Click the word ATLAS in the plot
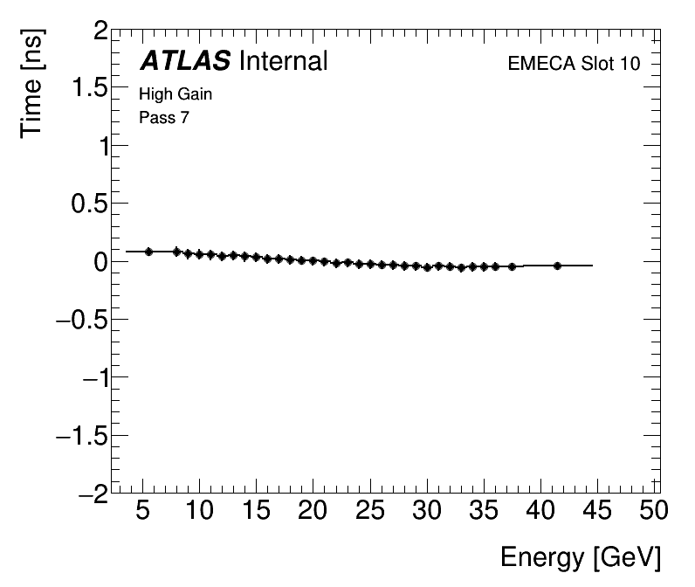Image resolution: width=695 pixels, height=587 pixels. click(185, 61)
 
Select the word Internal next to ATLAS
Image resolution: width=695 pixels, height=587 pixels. click(282, 61)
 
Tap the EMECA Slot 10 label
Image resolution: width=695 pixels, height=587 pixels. click(574, 65)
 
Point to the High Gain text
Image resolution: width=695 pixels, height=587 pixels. click(175, 94)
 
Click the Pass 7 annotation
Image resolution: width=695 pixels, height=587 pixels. click(163, 117)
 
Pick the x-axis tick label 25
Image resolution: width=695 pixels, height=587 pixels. click(371, 510)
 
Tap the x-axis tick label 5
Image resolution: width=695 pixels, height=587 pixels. click(143, 510)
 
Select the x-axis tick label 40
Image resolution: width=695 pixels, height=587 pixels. click(541, 510)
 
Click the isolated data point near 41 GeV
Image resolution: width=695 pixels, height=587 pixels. click(557, 266)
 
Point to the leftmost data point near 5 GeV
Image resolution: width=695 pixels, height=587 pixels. click(148, 252)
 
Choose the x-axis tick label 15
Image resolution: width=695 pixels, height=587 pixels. click(258, 510)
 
